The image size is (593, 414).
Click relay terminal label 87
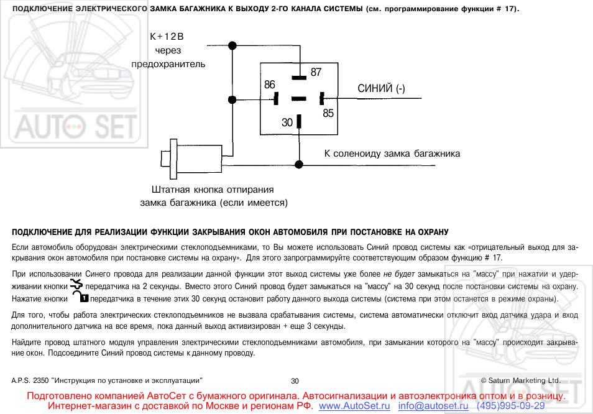coord(316,72)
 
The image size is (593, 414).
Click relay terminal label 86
coord(270,85)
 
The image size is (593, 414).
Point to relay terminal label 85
coord(328,113)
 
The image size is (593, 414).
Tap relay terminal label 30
coord(287,122)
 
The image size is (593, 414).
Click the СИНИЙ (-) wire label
coord(381,88)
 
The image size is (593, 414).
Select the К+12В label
coord(167,37)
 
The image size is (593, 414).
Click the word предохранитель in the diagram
coord(168,64)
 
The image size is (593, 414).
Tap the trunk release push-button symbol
coord(191,159)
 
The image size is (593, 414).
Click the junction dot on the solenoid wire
coord(299,165)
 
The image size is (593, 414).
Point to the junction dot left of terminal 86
coord(232,100)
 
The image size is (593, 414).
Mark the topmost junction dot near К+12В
coord(232,46)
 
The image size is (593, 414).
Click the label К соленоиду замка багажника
coord(392,154)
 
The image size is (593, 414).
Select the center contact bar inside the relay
coord(299,99)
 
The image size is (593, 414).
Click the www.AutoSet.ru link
coord(354,406)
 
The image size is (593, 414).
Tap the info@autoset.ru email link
coord(433,406)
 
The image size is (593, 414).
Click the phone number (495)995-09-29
coord(510,406)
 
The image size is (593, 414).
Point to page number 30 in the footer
coord(295,381)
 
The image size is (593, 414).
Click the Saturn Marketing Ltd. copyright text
coord(521,380)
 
